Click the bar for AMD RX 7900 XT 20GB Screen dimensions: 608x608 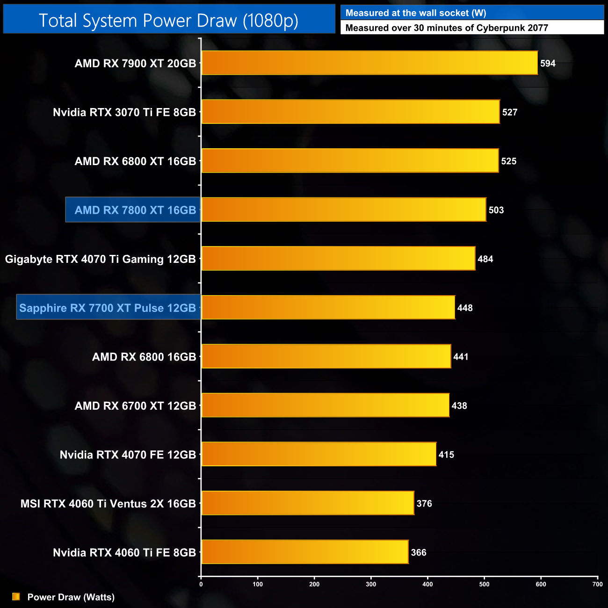click(x=369, y=63)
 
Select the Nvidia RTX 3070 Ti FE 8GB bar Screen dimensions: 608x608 click(x=350, y=112)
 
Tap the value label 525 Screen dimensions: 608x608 click(x=509, y=161)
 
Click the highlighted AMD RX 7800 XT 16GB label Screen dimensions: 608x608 click(x=135, y=210)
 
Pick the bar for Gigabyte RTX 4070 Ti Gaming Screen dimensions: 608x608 click(x=338, y=259)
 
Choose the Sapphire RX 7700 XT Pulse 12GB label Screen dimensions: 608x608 click(x=108, y=308)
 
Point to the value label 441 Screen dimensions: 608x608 click(x=461, y=357)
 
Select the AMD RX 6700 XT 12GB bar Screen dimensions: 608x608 click(x=325, y=405)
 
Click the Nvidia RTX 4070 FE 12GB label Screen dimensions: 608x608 click(x=128, y=455)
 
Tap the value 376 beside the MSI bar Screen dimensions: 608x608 click(x=424, y=504)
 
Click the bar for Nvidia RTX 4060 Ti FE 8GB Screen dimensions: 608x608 click(x=305, y=552)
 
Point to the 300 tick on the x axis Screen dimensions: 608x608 click(x=371, y=584)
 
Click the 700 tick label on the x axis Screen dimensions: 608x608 click(x=597, y=584)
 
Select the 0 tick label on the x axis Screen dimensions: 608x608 click(x=201, y=584)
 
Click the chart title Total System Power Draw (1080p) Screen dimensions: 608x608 click(x=168, y=20)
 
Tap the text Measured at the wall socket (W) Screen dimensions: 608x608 click(x=415, y=13)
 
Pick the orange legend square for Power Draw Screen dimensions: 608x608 click(x=16, y=597)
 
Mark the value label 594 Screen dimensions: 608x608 click(x=548, y=64)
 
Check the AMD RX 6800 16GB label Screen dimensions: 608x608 click(x=144, y=357)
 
